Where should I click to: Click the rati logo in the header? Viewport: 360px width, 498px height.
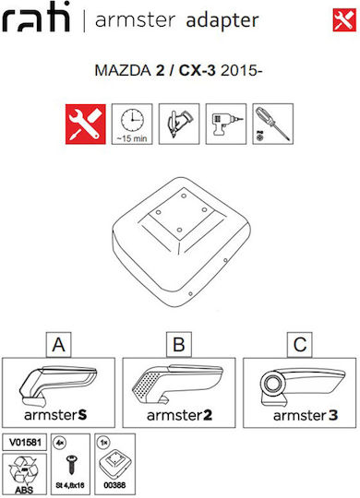click(x=36, y=17)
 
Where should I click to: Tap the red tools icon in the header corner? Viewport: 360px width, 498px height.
click(x=344, y=20)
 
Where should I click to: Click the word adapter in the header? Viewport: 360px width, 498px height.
click(x=222, y=21)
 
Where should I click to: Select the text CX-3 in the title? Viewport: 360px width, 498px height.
click(x=197, y=70)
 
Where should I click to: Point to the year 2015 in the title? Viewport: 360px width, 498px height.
click(x=239, y=70)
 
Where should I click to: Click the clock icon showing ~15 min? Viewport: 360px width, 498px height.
click(x=132, y=124)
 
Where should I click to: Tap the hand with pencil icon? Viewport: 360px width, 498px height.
click(x=179, y=124)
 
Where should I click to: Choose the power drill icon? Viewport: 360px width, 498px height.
click(x=226, y=124)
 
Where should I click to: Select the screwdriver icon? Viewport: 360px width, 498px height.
click(x=273, y=124)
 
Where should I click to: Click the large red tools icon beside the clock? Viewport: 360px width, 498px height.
click(x=86, y=125)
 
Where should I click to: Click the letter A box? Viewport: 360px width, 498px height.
click(x=58, y=345)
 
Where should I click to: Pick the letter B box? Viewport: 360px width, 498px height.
click(x=179, y=345)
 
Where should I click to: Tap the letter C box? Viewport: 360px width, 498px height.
click(x=300, y=345)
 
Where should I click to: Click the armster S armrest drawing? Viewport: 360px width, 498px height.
click(x=58, y=385)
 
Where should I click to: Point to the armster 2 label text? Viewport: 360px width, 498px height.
click(x=179, y=415)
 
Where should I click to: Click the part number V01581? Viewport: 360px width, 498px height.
click(x=25, y=442)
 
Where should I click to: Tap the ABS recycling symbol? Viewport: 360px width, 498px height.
click(x=24, y=471)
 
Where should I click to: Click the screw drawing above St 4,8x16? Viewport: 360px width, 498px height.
click(x=70, y=465)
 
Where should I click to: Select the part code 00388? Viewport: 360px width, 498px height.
click(x=114, y=485)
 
